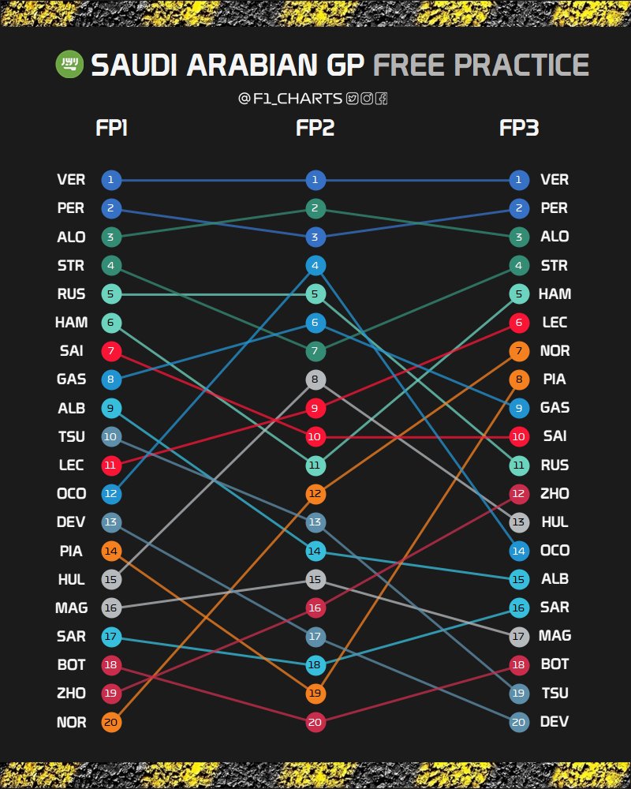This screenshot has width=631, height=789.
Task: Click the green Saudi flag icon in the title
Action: pyautogui.click(x=69, y=65)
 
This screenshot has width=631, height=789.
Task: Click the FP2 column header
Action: pyautogui.click(x=315, y=128)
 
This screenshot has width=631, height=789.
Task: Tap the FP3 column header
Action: pyautogui.click(x=519, y=128)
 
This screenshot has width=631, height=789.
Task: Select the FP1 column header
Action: pyautogui.click(x=111, y=128)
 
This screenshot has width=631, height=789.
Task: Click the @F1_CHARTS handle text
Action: pyautogui.click(x=291, y=99)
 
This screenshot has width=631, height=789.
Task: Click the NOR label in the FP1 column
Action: pyautogui.click(x=72, y=722)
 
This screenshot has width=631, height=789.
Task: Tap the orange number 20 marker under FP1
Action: pyautogui.click(x=111, y=722)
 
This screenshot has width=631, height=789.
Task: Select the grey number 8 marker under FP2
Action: pyautogui.click(x=315, y=380)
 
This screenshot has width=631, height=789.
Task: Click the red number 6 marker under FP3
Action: pyautogui.click(x=518, y=322)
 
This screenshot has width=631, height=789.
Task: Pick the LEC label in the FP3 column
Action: pyautogui.click(x=554, y=322)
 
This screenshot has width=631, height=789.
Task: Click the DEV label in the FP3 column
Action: pyautogui.click(x=554, y=722)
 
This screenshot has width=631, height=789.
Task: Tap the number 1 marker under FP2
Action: pyautogui.click(x=315, y=180)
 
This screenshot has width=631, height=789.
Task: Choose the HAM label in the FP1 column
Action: pyautogui.click(x=72, y=322)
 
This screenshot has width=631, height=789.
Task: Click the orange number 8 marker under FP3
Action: pyautogui.click(x=518, y=380)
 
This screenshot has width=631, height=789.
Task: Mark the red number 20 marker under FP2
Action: pyautogui.click(x=315, y=722)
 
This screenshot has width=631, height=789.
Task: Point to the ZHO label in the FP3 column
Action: pyautogui.click(x=554, y=493)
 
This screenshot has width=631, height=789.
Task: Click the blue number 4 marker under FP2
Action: pyautogui.click(x=315, y=265)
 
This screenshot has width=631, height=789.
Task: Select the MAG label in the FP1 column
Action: pyautogui.click(x=72, y=608)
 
